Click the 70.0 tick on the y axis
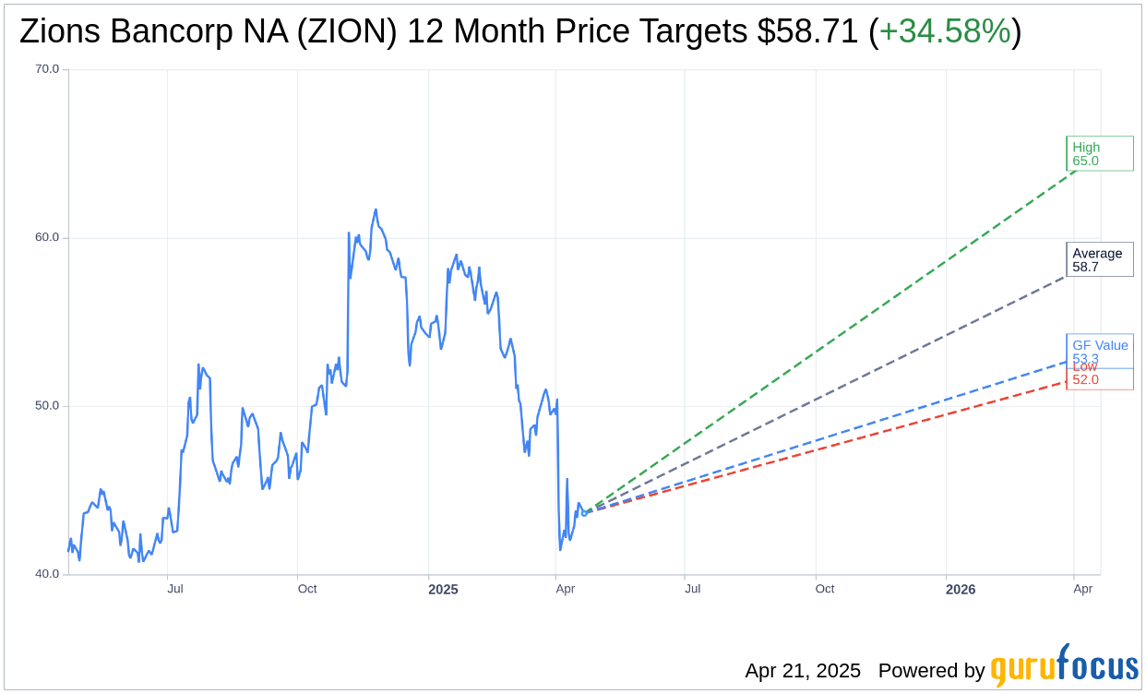click(47, 69)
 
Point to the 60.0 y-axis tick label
click(47, 237)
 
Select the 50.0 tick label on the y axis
click(47, 406)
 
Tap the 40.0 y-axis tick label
click(47, 574)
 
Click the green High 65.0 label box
click(1099, 153)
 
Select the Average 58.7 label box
click(1099, 259)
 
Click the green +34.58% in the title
click(945, 32)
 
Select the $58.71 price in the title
click(808, 32)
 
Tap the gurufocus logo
click(1064, 665)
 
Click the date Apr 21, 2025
click(803, 671)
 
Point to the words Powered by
click(931, 671)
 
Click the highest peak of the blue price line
click(376, 209)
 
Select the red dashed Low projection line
click(830, 445)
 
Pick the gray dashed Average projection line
click(830, 393)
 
